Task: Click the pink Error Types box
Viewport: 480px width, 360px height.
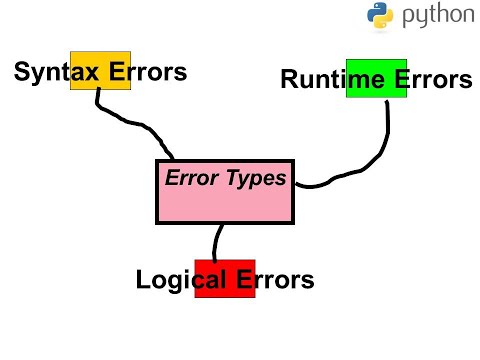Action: coord(225,205)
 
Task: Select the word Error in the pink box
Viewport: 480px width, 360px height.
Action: coord(189,180)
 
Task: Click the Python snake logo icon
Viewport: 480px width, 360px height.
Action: coord(380,17)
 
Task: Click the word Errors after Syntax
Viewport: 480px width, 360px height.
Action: coord(149,72)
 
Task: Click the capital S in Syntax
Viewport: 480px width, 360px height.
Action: coord(22,72)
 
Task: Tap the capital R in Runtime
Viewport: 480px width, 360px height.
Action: coord(290,80)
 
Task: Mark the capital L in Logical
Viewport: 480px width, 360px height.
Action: coord(143,279)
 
